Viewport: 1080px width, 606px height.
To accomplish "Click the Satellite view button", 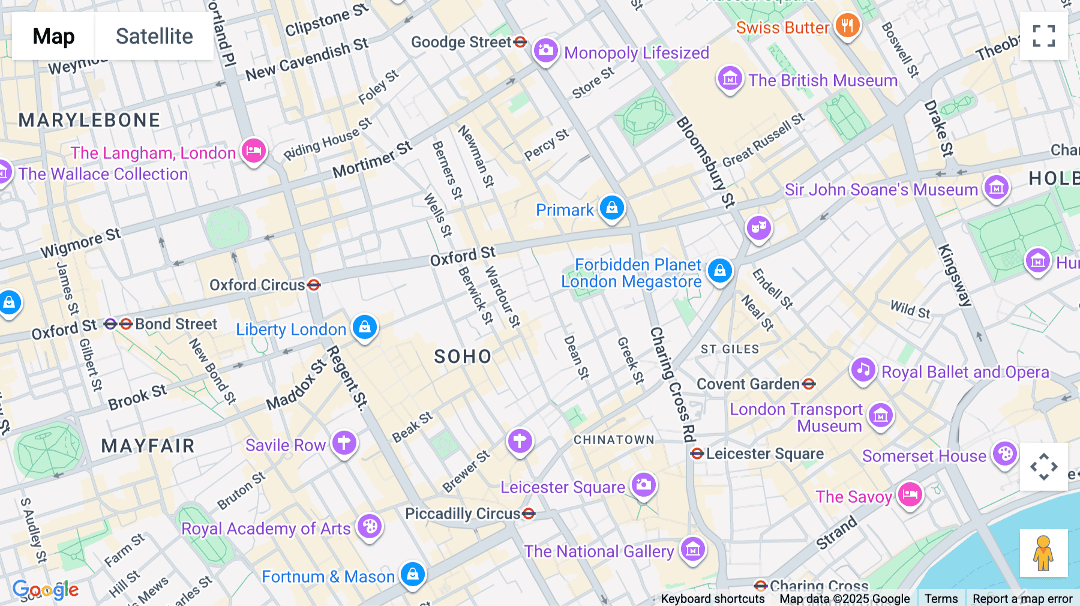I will (154, 36).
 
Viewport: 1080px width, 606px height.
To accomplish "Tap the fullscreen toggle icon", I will (1043, 36).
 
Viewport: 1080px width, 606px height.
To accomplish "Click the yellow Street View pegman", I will (1043, 553).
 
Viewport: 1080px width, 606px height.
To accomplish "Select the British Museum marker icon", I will (730, 78).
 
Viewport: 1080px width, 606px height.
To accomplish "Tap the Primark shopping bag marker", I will (611, 208).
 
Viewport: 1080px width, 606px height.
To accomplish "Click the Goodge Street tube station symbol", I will (520, 42).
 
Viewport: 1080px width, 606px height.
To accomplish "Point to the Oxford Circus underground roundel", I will (314, 285).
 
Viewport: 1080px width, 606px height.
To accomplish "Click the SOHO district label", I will (463, 357).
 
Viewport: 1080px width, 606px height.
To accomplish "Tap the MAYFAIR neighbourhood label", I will (148, 446).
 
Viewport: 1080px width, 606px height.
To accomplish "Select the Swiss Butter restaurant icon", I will (847, 26).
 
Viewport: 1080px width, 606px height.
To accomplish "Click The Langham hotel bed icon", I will (254, 151).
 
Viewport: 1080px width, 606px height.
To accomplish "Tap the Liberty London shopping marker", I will (364, 327).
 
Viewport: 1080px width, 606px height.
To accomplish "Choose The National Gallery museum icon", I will (692, 549).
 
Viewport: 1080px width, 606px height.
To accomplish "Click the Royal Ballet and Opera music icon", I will (863, 370).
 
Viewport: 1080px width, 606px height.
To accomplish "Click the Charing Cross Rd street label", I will (673, 384).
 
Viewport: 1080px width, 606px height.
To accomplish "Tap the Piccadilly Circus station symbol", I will (529, 514).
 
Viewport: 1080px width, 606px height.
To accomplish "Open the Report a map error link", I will (1022, 599).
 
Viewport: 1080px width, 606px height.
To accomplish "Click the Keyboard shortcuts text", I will (713, 599).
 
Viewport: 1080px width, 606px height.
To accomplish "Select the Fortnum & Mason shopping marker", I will (412, 574).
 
